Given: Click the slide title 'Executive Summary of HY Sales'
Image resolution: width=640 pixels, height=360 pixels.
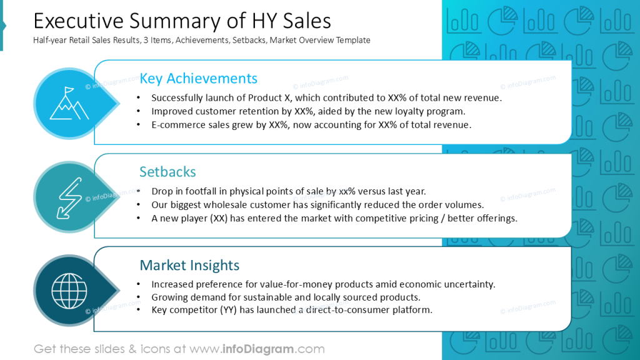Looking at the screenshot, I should pos(182,21).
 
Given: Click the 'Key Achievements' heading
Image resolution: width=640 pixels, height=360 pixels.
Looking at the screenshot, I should pos(198,78).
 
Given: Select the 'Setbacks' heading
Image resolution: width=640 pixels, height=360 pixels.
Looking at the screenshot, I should pos(167,172).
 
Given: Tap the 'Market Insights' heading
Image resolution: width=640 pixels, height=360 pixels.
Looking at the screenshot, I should pos(189,265).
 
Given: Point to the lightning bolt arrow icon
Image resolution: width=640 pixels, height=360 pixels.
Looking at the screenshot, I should pos(69,197).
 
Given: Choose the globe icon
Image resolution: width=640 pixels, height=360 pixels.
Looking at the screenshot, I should pos(69,291).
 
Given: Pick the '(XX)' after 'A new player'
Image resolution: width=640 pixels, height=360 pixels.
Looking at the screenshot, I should pos(219,218).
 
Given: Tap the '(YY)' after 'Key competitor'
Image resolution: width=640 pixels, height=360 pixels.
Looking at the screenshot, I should pos(222,310).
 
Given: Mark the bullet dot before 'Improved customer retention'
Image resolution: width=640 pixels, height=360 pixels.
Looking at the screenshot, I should pos(138,112).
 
